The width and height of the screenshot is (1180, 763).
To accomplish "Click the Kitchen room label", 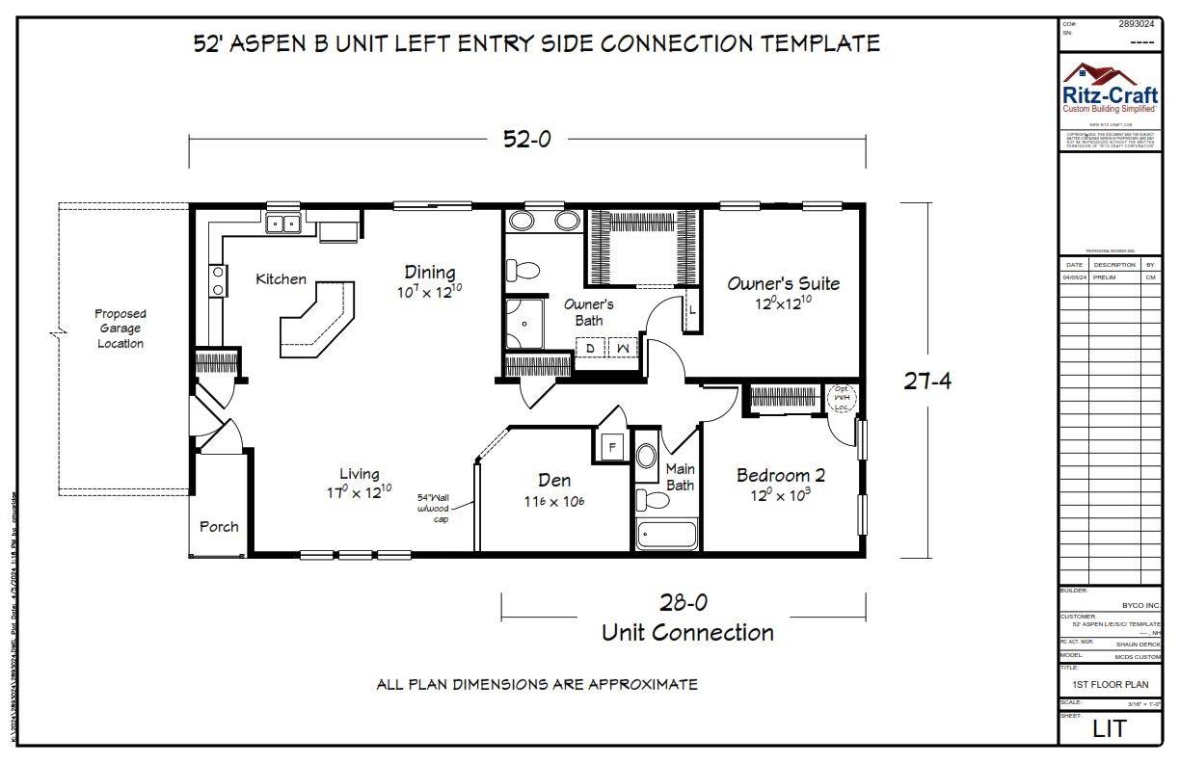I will coord(281,279).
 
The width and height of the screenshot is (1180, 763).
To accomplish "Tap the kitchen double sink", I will coord(283,224).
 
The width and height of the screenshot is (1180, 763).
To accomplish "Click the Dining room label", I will coord(429,273).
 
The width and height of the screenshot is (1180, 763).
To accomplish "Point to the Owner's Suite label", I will coord(783,284).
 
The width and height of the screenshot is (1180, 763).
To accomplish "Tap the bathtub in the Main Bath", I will coord(666,534).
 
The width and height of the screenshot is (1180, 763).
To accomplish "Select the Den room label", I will coord(554,481).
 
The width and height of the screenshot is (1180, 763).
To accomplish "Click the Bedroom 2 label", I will coord(780,476).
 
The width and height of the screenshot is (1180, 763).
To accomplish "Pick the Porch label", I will coord(219,527).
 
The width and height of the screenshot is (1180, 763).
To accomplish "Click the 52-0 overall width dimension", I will coord(526,139).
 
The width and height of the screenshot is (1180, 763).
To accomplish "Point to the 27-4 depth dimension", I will coord(926,381).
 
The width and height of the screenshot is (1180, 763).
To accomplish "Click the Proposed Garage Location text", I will coord(121,329).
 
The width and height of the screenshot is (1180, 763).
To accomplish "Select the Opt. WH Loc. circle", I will coord(841,397).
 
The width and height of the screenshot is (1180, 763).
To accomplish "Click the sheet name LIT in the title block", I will coord(1109,729).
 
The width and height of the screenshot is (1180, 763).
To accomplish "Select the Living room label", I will coord(359,474).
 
